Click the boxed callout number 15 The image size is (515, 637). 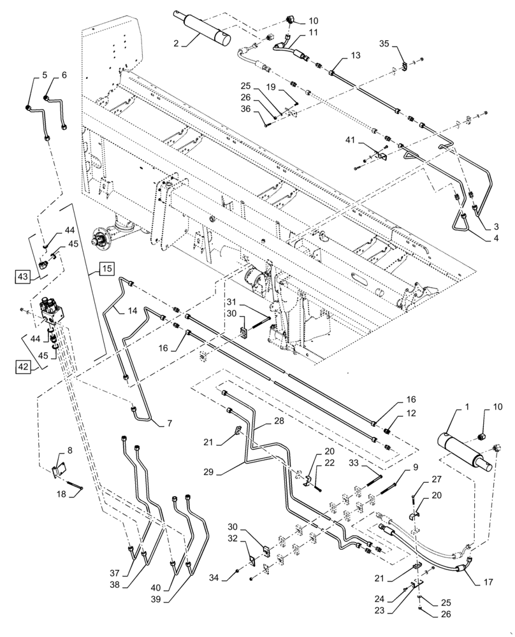click(x=107, y=269)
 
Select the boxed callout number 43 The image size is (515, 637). click(x=23, y=277)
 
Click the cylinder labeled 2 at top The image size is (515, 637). click(x=206, y=30)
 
